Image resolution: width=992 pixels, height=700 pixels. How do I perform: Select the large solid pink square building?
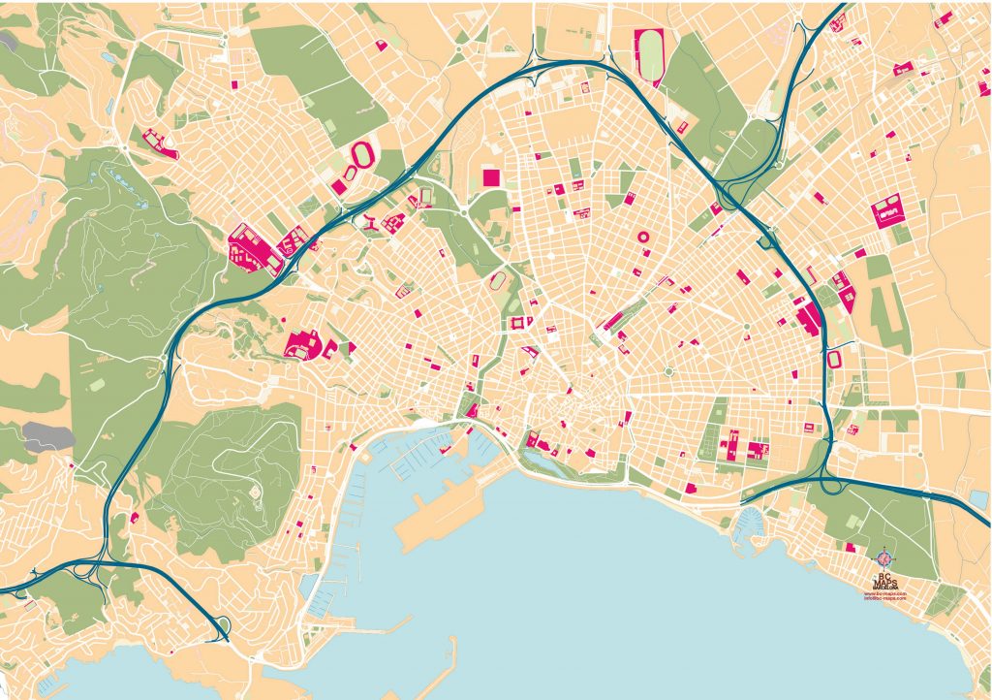(491, 176)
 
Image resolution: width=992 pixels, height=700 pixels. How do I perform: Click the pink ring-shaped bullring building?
(641, 236)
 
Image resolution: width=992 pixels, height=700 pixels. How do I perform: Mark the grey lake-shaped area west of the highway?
(46, 437)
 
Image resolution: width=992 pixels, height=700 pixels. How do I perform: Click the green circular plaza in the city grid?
(668, 371)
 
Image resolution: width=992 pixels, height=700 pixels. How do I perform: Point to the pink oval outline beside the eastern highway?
(834, 360)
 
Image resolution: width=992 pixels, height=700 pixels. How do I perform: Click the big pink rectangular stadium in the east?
(887, 212)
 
